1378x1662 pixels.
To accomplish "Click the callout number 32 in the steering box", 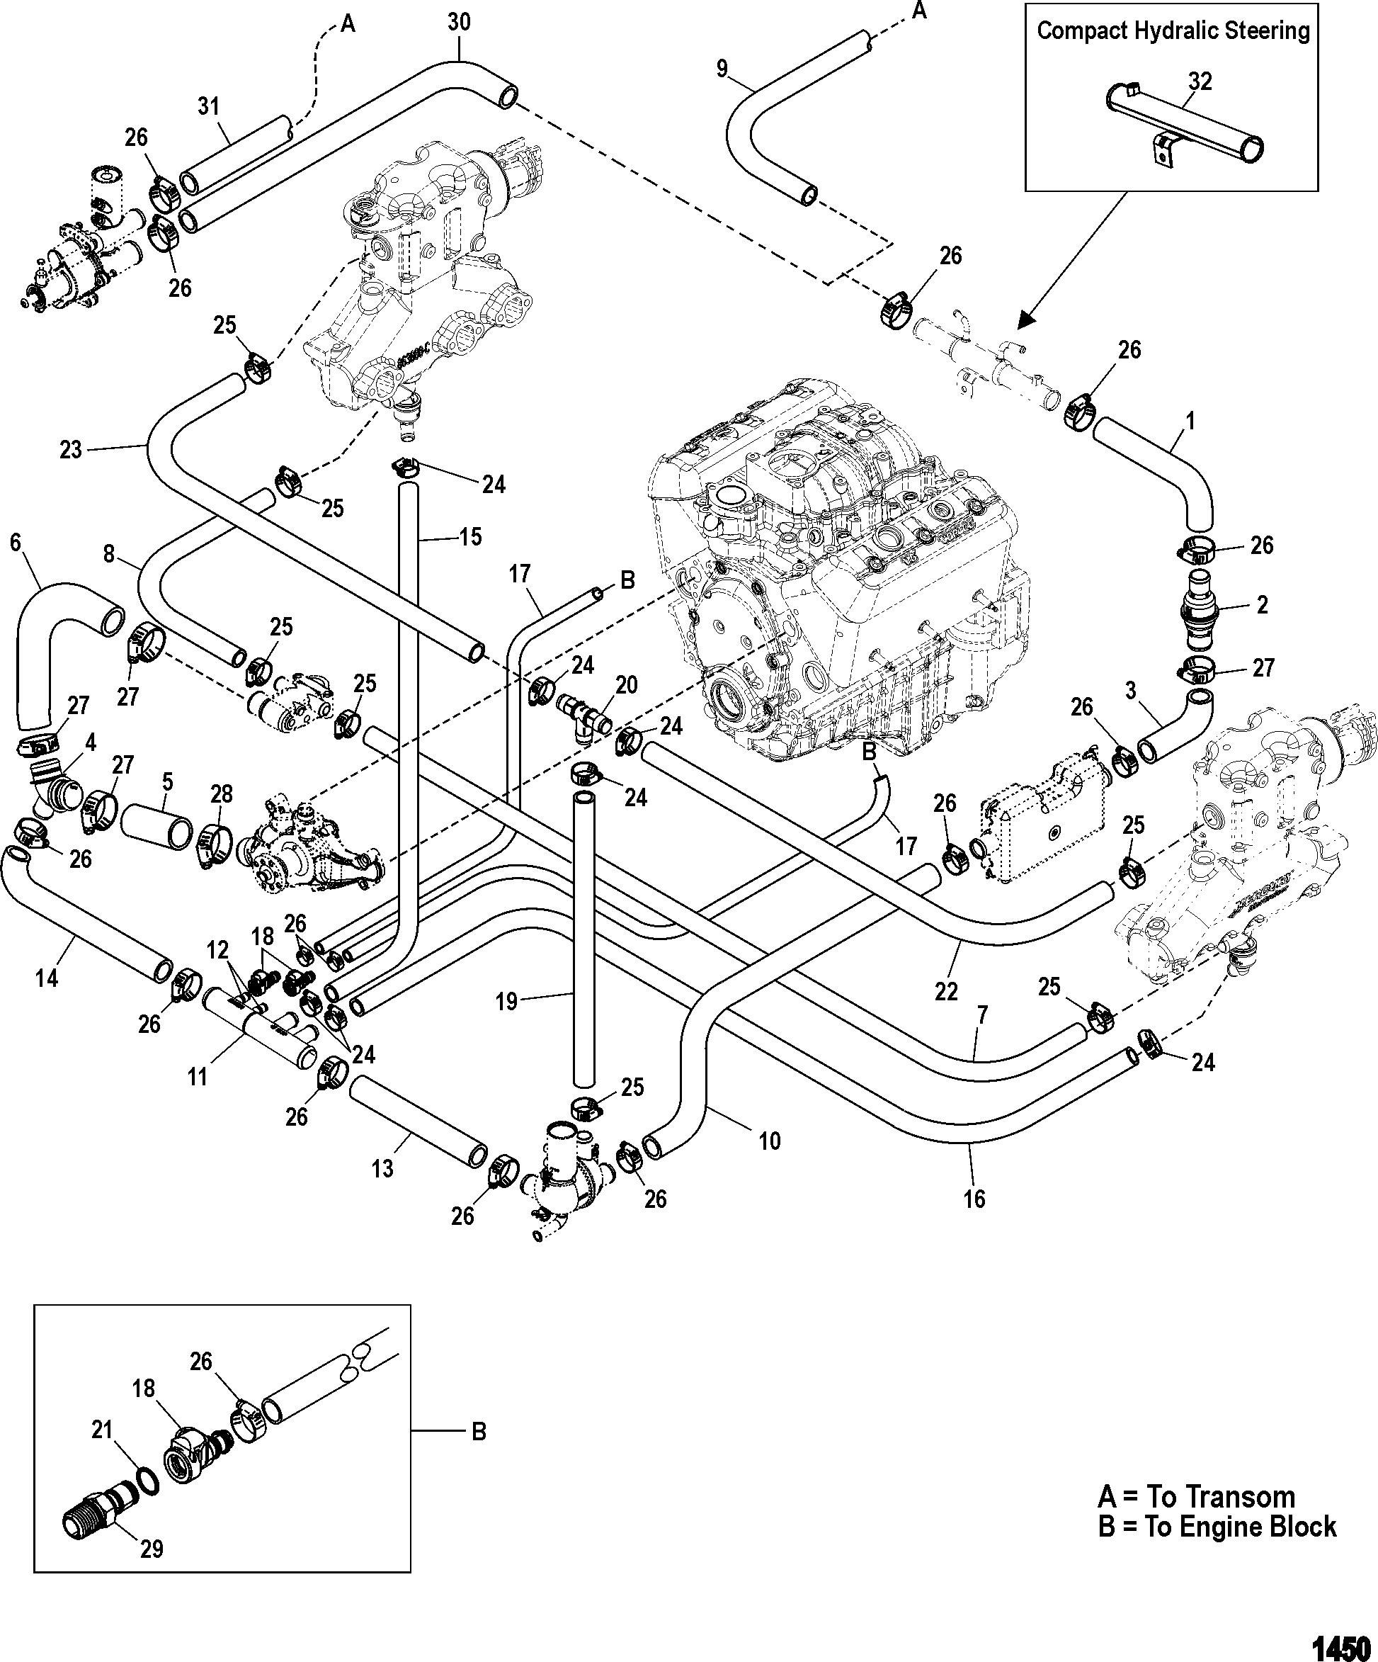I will pyautogui.click(x=1200, y=81).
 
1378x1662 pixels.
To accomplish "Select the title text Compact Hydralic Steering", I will pyautogui.click(x=1173, y=31).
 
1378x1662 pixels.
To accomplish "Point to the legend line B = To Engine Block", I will pyautogui.click(x=1217, y=1526).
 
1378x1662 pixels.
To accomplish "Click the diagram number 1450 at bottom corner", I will pyautogui.click(x=1340, y=1647).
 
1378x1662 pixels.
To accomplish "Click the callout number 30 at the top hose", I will pyautogui.click(x=459, y=22).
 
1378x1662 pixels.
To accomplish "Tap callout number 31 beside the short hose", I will pyautogui.click(x=208, y=106).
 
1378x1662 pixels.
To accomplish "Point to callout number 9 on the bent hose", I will pyautogui.click(x=722, y=69).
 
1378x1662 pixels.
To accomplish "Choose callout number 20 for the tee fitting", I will pyautogui.click(x=627, y=684).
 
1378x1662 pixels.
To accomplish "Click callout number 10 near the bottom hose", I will pyautogui.click(x=769, y=1141).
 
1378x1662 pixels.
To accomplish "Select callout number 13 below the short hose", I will pyautogui.click(x=383, y=1168).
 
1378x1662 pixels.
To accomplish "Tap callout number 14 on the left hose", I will pyautogui.click(x=47, y=978).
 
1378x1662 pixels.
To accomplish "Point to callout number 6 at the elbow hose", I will pyautogui.click(x=15, y=542).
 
